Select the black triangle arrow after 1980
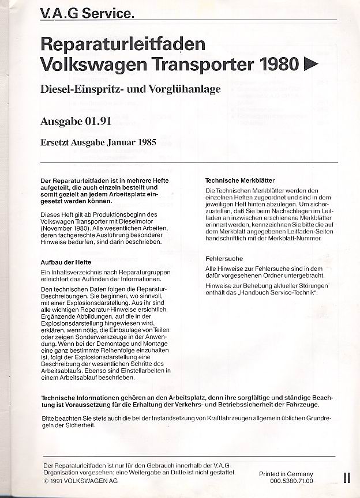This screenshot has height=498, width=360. (x=310, y=64)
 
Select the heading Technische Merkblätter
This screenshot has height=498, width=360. (x=240, y=180)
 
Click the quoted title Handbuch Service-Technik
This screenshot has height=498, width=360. (x=284, y=293)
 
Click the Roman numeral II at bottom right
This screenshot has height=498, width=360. (x=346, y=478)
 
